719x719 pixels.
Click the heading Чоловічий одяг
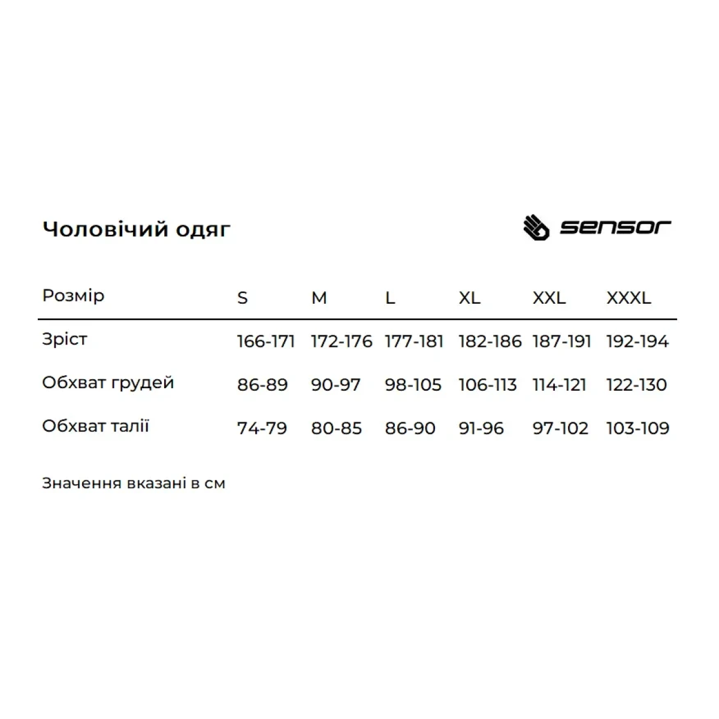[136, 229]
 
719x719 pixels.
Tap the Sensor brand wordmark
[615, 227]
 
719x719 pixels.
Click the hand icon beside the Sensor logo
[536, 228]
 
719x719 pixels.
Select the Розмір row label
[73, 296]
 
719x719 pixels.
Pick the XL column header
[470, 298]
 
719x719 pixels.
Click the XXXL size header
[629, 298]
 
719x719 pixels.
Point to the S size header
[242, 298]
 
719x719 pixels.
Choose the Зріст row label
[65, 339]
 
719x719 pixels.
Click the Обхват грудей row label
[108, 383]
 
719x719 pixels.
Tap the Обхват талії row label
[95, 427]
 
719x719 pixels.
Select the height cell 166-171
[266, 342]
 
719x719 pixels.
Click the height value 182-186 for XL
[490, 342]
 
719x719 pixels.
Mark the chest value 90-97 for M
[336, 385]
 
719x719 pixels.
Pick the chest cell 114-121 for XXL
[559, 385]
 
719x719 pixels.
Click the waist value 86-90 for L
[410, 428]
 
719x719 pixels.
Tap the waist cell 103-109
[638, 428]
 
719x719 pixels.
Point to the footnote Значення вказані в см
[134, 484]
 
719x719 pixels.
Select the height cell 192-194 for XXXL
[638, 342]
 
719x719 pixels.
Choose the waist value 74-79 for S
[262, 428]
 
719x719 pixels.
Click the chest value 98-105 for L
[413, 385]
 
